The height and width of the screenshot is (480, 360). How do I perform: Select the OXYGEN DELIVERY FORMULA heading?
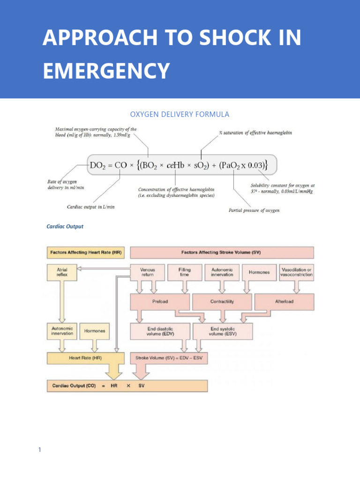point(179,114)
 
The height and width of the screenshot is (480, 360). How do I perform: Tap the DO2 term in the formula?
point(100,165)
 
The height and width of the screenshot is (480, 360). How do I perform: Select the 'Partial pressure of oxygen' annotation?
point(254,210)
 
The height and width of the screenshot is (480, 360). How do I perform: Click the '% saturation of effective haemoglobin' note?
point(255,133)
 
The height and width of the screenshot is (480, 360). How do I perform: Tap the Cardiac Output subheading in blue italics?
point(65,226)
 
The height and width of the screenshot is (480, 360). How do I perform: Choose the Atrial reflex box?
point(62,272)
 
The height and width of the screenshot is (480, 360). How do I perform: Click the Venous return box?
point(147,272)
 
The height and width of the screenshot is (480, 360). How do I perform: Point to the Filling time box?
point(185,272)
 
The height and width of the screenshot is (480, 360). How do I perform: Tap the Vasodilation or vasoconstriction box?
point(297,272)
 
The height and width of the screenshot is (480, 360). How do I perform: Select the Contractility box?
point(222,301)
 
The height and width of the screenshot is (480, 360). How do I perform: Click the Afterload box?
point(284,301)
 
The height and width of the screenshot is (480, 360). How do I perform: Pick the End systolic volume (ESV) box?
point(223,331)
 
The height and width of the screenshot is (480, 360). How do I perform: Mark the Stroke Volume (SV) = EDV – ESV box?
point(170,358)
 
